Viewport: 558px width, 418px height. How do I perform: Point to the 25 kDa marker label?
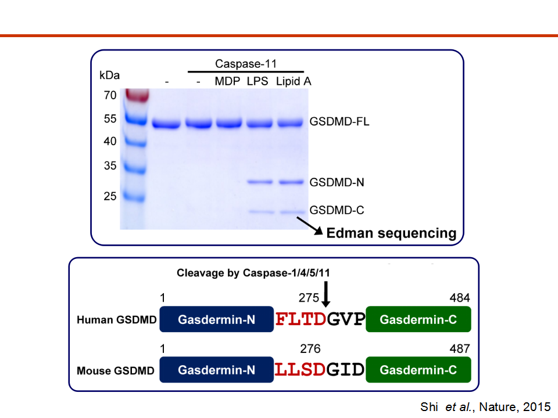click(110, 196)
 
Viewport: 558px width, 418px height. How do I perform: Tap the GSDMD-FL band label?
click(339, 122)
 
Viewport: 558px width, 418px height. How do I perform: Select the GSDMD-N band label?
click(337, 182)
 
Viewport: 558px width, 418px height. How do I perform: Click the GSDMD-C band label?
click(337, 210)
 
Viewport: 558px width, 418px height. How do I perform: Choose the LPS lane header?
click(257, 81)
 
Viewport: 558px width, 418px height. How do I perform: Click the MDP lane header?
click(227, 81)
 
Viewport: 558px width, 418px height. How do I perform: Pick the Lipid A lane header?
click(294, 81)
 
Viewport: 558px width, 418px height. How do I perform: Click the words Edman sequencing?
click(391, 233)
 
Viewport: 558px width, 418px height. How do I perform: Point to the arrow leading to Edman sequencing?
click(310, 226)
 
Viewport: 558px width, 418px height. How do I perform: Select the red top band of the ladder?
click(136, 95)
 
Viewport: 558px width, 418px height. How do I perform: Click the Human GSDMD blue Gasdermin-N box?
click(216, 319)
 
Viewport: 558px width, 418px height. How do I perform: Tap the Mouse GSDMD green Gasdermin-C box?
click(419, 370)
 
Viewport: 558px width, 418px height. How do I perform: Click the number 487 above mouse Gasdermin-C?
click(459, 348)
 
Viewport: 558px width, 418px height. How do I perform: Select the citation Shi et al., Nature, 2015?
click(485, 407)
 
